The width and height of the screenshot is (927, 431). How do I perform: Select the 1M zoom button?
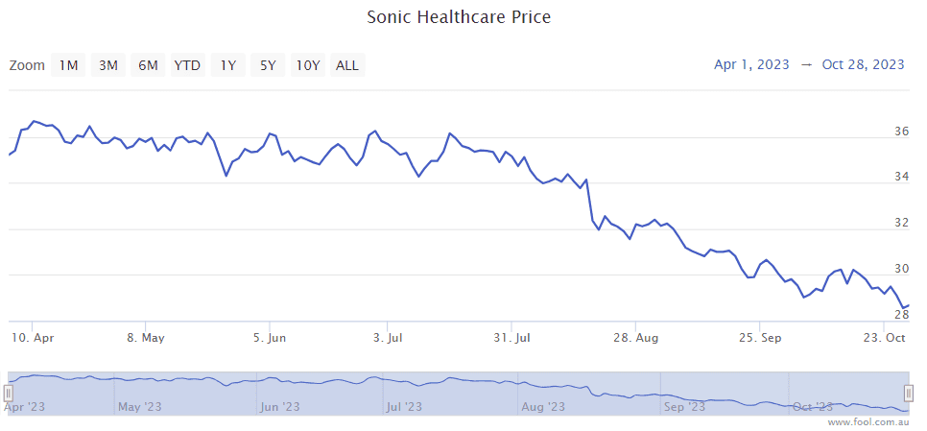(x=68, y=65)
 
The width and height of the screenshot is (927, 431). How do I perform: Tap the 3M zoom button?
(x=108, y=65)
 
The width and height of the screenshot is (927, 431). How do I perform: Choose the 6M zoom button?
(x=148, y=65)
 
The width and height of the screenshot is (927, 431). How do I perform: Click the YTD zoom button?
(x=187, y=65)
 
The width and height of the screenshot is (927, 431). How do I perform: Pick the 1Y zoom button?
(x=227, y=65)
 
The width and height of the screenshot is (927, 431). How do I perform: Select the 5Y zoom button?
(x=268, y=65)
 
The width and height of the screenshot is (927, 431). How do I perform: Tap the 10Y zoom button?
(x=307, y=65)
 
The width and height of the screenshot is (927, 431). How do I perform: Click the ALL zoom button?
(x=347, y=65)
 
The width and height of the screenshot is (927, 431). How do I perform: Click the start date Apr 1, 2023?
(x=751, y=64)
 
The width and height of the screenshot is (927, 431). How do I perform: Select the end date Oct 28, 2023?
(x=864, y=64)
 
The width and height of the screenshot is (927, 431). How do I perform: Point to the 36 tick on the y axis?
(x=901, y=132)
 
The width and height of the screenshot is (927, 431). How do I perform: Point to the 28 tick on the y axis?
(x=901, y=314)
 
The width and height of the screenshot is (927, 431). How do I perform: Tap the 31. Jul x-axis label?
(x=512, y=338)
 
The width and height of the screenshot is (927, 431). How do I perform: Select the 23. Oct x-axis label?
(x=883, y=338)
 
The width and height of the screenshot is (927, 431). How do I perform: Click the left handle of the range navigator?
(x=8, y=393)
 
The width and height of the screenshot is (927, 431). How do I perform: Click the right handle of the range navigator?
(x=909, y=393)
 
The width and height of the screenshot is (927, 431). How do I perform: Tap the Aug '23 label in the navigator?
(x=543, y=407)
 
